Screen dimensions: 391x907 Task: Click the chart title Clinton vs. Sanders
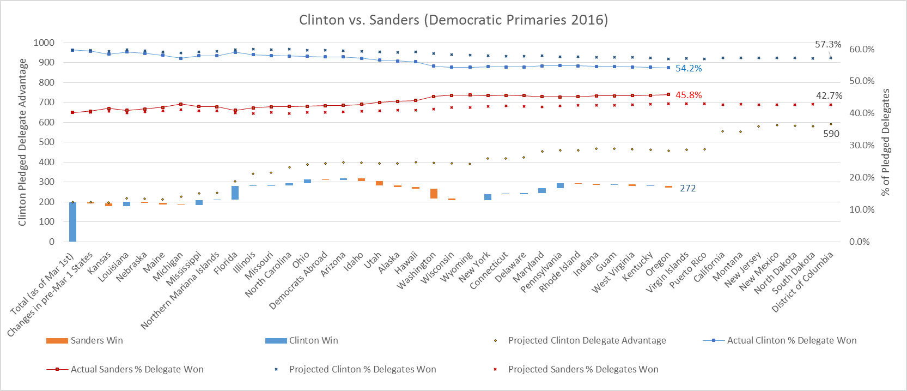(453, 20)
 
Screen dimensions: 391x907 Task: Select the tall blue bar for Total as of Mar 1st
(72, 222)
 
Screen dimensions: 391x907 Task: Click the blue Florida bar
(235, 193)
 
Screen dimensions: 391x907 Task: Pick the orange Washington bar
(434, 194)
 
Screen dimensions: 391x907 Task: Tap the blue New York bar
(488, 197)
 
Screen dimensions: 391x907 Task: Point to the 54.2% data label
(689, 69)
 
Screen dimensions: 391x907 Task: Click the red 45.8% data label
(689, 95)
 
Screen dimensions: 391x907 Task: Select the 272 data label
(687, 188)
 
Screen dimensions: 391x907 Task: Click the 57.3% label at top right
(827, 45)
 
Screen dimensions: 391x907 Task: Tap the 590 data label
(831, 134)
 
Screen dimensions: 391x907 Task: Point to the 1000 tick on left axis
(44, 43)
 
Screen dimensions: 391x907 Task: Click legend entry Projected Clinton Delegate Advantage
(587, 340)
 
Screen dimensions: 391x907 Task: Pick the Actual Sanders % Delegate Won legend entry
(137, 369)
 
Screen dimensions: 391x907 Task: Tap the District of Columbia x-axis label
(803, 281)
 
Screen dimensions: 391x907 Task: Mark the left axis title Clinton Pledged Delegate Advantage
(22, 142)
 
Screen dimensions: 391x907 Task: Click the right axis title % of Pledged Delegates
(886, 142)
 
